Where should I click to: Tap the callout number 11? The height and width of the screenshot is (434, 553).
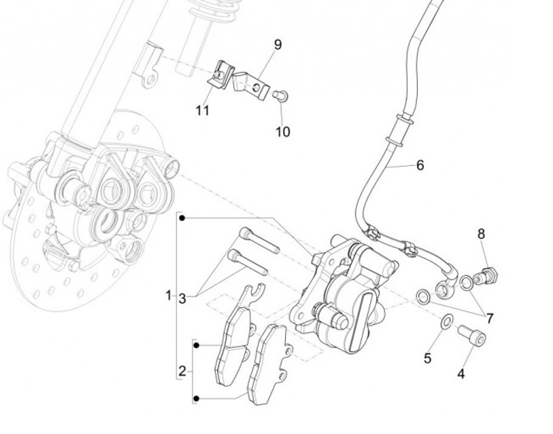(x=202, y=111)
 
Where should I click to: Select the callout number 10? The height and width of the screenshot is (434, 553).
(x=283, y=131)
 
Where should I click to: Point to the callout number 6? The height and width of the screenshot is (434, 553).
(x=419, y=164)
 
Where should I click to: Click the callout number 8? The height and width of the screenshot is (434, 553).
(x=482, y=234)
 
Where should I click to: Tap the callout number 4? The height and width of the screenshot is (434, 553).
(x=461, y=374)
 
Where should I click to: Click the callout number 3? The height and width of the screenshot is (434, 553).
(x=182, y=297)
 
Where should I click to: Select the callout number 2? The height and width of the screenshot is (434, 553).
(x=182, y=372)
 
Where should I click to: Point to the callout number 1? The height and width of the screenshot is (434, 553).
(x=168, y=295)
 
